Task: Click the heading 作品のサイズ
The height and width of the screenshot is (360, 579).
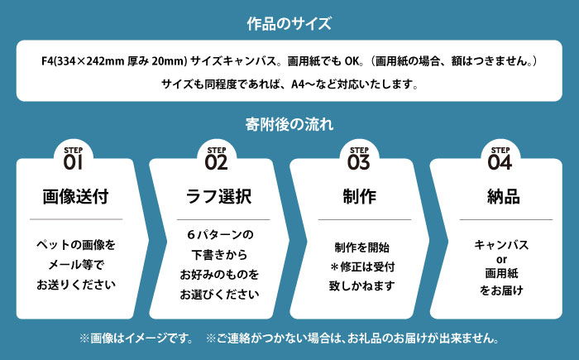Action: pos(289,23)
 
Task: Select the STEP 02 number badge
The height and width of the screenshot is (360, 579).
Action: pos(216,159)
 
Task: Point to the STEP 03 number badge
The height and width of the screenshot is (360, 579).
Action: pos(358,159)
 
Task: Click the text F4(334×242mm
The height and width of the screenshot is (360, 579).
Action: pos(79,61)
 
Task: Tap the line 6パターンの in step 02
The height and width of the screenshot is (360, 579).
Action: pos(219,234)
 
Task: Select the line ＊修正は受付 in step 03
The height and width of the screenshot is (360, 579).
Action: pos(361,266)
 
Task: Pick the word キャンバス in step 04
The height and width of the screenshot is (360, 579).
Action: pos(500,245)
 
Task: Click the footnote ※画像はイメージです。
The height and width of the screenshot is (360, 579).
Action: pos(136,338)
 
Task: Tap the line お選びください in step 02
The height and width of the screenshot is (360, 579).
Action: pos(219,294)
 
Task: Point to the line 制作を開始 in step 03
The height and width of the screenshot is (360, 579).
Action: pos(361,247)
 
